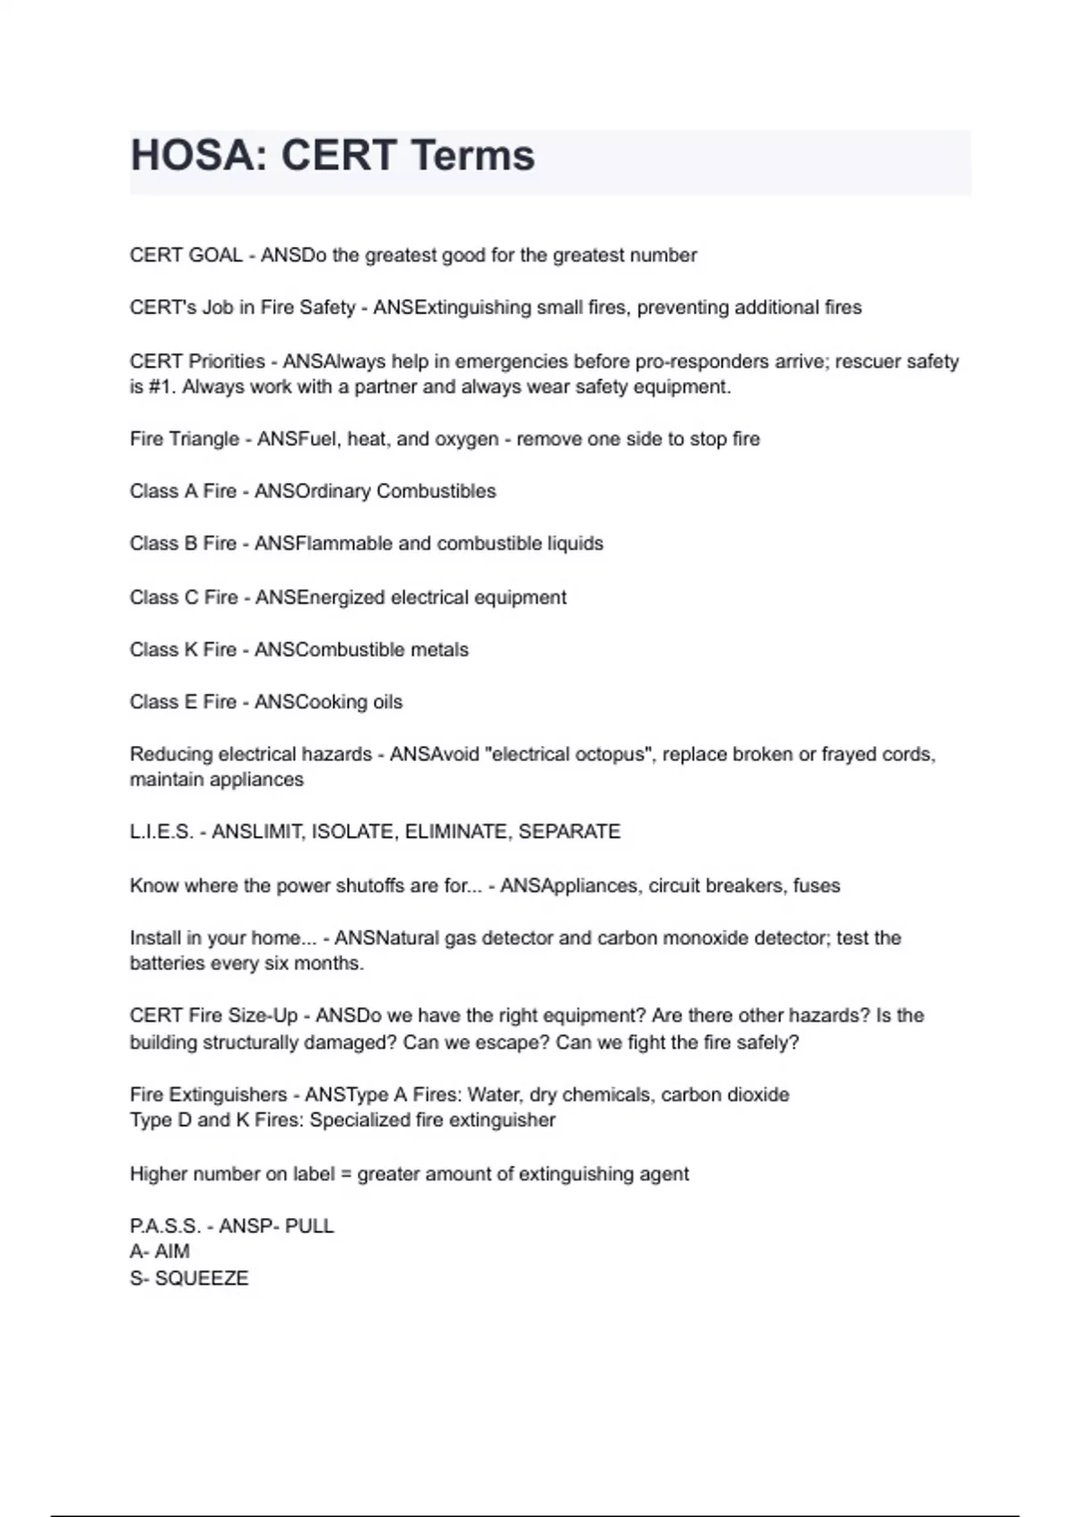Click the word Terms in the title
473,155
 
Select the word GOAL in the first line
215,255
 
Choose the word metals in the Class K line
440,650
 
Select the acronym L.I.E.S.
162,832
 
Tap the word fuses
816,886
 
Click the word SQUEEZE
202,1278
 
